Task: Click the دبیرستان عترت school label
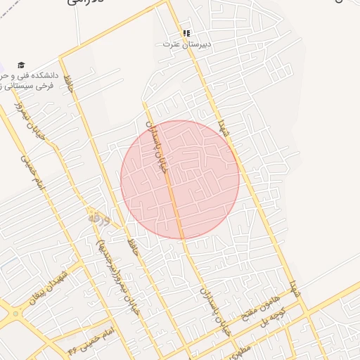tap(187, 44)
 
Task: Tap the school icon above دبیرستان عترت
tap(186, 33)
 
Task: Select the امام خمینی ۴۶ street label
tap(89, 341)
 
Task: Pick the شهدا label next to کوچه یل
tap(295, 288)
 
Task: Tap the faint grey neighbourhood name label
tap(98, 220)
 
